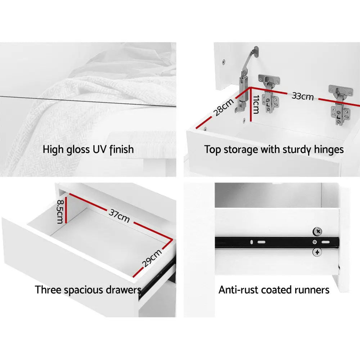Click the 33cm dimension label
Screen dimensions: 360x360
pos(303,96)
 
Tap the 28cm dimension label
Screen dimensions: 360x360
pos(224,107)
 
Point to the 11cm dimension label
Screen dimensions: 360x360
pos(256,104)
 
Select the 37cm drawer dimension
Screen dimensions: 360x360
pos(119,216)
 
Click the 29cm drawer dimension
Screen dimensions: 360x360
pos(152,258)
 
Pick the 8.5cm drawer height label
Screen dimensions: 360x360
pos(60,211)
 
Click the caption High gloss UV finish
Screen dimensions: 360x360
pos(88,149)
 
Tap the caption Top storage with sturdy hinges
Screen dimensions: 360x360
pos(274,150)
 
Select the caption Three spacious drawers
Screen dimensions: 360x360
pos(88,290)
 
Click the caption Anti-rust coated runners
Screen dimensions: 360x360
pos(274,290)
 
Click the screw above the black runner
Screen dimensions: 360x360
pos(318,231)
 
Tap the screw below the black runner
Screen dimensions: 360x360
pos(317,252)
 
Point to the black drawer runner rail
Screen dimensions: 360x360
pos(277,242)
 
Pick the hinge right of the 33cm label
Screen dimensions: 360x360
pos(340,105)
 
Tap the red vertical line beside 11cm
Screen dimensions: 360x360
pos(251,104)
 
